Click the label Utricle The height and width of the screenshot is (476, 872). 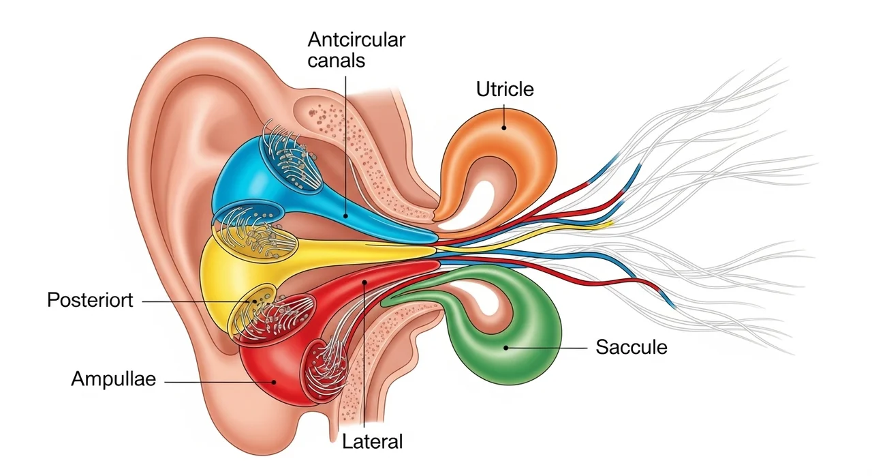point(505,89)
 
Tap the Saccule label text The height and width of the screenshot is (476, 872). point(631,347)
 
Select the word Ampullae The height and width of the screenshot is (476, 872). point(114,380)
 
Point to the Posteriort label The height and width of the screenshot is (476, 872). point(91,300)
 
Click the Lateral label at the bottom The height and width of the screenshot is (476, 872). point(373,441)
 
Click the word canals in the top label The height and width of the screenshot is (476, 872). point(336,60)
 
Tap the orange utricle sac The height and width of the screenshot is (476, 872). point(518,147)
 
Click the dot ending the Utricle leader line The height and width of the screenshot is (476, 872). point(504,126)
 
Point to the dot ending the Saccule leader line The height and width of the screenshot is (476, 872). point(507,348)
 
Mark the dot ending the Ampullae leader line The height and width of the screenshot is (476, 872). point(274,382)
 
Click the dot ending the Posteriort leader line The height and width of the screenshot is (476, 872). point(256,300)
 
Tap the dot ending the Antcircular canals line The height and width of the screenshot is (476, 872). point(346,215)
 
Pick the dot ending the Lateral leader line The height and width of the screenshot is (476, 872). point(365,281)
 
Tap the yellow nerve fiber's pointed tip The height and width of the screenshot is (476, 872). point(611,222)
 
